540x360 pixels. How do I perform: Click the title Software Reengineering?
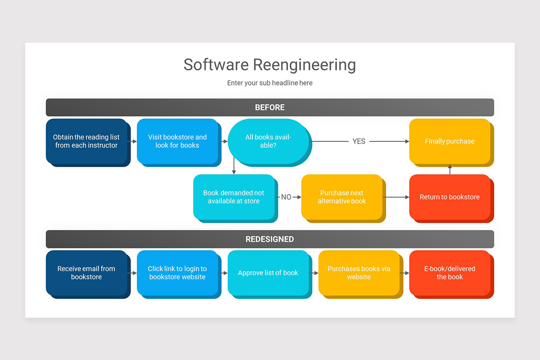pyautogui.click(x=270, y=64)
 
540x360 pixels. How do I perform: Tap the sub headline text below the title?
pyautogui.click(x=270, y=83)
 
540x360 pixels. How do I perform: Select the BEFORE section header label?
pyautogui.click(x=270, y=108)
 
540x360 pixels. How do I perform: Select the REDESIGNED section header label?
pyautogui.click(x=270, y=239)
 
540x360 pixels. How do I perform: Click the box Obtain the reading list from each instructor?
pyautogui.click(x=86, y=141)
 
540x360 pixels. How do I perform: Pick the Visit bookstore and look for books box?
pyautogui.click(x=177, y=141)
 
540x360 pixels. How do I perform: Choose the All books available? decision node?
pyautogui.click(x=268, y=141)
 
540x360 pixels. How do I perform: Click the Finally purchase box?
pyautogui.click(x=450, y=141)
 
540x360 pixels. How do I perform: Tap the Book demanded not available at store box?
pyautogui.click(x=234, y=197)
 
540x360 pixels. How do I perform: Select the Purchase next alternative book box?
pyautogui.click(x=342, y=197)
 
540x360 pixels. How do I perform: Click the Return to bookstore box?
pyautogui.click(x=450, y=197)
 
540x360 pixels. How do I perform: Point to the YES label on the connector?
pyautogui.click(x=359, y=141)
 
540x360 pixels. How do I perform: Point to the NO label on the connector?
pyautogui.click(x=286, y=197)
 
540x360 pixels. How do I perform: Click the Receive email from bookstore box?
pyautogui.click(x=86, y=273)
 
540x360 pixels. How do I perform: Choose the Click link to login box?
pyautogui.click(x=177, y=273)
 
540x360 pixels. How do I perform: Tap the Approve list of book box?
pyautogui.click(x=268, y=273)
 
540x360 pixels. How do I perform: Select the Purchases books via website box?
pyautogui.click(x=359, y=273)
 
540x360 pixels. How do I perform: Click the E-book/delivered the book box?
pyautogui.click(x=450, y=273)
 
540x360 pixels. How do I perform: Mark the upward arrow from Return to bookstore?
pyautogui.click(x=450, y=169)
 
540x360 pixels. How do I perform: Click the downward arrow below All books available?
pyautogui.click(x=234, y=166)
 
